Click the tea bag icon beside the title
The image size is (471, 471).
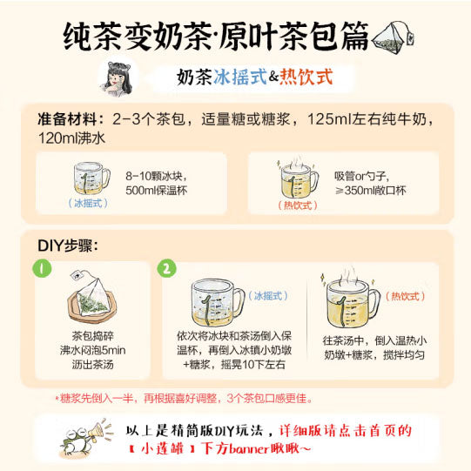click(395, 37)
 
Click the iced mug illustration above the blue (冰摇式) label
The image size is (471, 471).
click(91, 176)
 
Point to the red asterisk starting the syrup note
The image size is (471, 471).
click(57, 399)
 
